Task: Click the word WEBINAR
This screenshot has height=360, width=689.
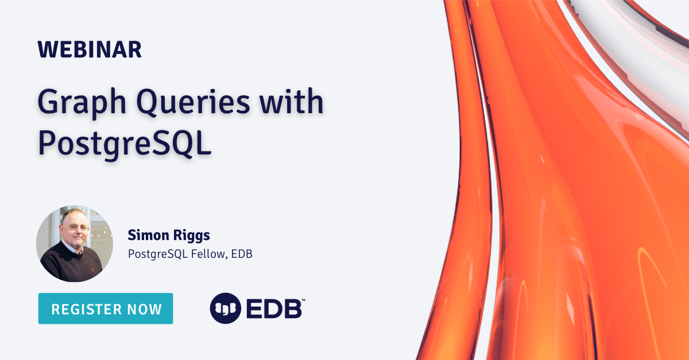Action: [x=90, y=50]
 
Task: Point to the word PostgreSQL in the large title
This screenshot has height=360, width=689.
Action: [x=125, y=144]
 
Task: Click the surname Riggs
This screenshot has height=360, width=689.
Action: [x=193, y=235]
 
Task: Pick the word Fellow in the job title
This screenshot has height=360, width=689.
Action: [x=205, y=253]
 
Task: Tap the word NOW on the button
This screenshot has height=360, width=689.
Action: [x=145, y=309]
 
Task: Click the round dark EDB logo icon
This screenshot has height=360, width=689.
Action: [x=225, y=309]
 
